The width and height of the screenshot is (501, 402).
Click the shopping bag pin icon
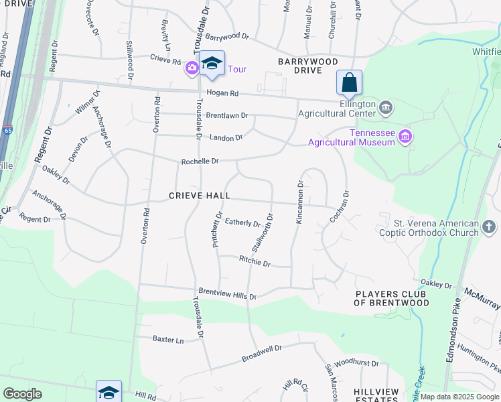click(x=349, y=83)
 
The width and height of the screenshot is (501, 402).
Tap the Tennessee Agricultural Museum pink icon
click(x=405, y=137)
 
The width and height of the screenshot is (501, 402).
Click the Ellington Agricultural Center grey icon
click(x=386, y=107)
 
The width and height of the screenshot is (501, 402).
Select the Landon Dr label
click(x=226, y=137)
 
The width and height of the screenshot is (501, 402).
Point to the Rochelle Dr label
click(x=200, y=161)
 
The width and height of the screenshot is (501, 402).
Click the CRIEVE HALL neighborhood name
click(x=200, y=196)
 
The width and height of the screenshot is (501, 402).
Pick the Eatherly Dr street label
click(x=242, y=222)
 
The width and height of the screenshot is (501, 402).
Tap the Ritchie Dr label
click(x=255, y=263)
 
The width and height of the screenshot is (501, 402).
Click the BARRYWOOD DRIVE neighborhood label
click(x=308, y=66)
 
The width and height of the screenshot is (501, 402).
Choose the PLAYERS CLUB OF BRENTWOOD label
click(x=392, y=298)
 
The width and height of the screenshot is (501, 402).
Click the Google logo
click(x=22, y=394)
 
